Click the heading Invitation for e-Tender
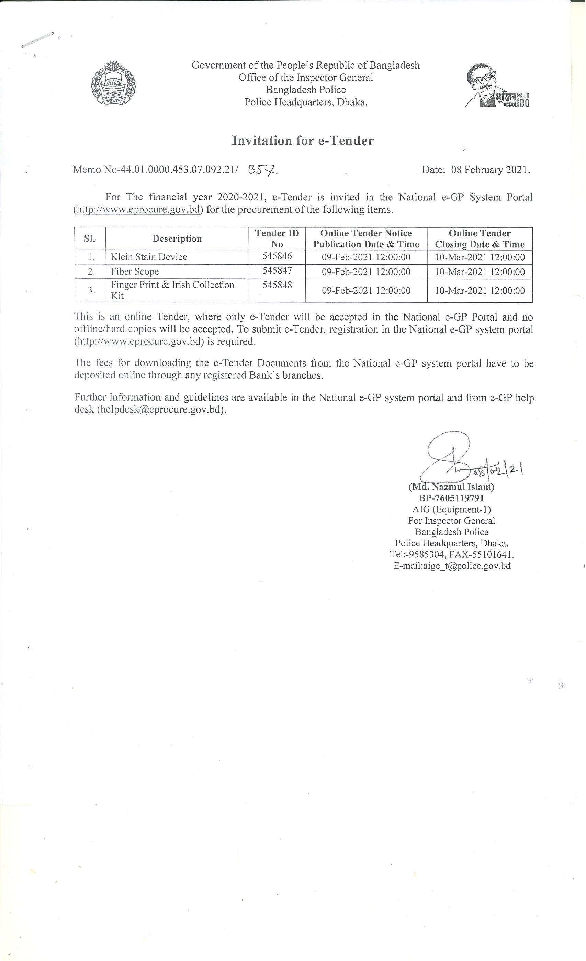coord(303,140)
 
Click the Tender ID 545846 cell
coord(277,256)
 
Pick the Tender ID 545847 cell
coord(277,270)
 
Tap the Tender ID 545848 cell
coord(277,285)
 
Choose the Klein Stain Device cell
coord(149,257)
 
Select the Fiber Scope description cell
coord(135,271)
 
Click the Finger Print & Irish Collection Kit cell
coord(172,290)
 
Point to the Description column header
coord(177,239)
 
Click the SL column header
coord(90,239)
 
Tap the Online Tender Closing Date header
coord(480,239)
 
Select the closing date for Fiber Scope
coord(480,272)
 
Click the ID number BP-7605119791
coord(451,498)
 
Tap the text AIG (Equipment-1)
coord(451,509)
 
